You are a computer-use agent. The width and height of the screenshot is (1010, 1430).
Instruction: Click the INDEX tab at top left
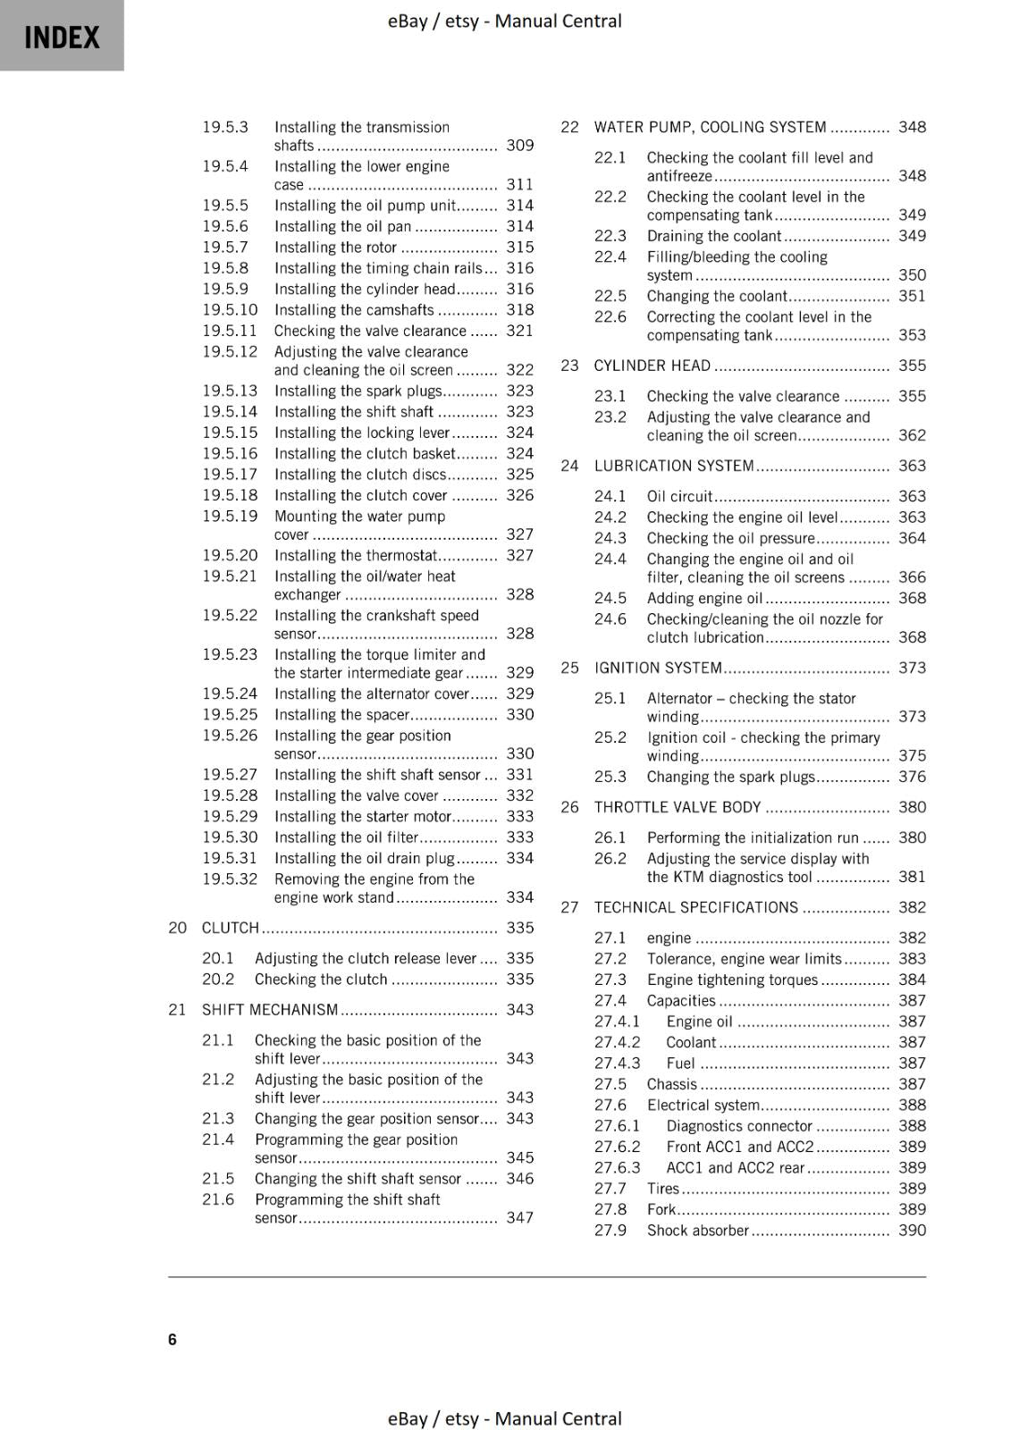coord(62,37)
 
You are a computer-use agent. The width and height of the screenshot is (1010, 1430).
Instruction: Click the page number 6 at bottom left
coord(173,1339)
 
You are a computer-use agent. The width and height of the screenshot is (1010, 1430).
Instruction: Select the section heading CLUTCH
coord(231,928)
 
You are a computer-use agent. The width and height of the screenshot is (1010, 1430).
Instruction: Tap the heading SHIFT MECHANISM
coord(270,1010)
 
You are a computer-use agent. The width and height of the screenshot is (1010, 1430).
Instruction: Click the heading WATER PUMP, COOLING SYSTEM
coord(710,127)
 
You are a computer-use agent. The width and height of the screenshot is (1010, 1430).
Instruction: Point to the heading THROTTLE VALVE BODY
coord(678,807)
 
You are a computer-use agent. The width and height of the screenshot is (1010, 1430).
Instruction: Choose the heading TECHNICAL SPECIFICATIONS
coord(695,907)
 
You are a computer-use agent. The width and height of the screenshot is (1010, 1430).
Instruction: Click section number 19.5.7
coord(225,248)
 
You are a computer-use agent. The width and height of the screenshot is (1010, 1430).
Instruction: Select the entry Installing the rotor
coord(335,248)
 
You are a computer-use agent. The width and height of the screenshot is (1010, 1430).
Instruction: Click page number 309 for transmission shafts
coord(519,146)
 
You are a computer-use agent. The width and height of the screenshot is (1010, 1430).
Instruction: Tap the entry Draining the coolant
coord(714,236)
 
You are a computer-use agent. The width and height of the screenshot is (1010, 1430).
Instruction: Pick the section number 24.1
coord(610,496)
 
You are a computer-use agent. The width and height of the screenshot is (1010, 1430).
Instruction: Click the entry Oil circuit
coord(679,496)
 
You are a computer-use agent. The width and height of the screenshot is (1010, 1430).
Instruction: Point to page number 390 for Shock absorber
coord(912,1231)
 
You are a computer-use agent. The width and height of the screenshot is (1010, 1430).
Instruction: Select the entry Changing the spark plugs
coord(730,777)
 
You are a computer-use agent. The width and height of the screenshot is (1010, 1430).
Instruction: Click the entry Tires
coord(663,1189)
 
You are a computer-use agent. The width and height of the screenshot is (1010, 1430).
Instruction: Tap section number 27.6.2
coord(618,1147)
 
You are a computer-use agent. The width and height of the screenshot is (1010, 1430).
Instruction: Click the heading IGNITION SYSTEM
coord(658,668)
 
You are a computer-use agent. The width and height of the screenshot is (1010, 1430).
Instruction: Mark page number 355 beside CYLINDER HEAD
coord(912,366)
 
